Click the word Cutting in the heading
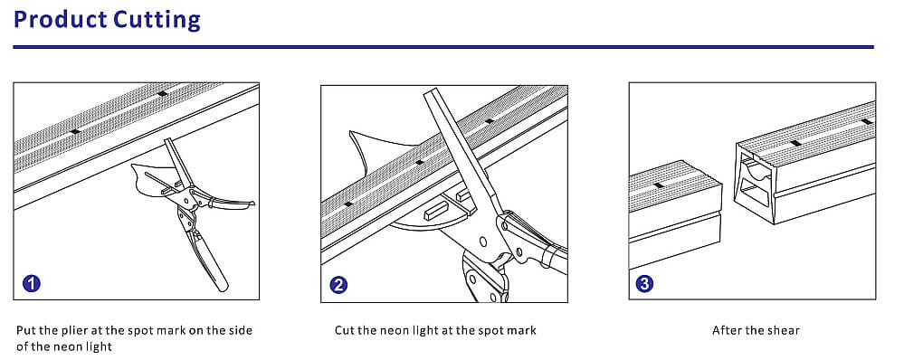(157, 20)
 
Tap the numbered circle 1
(32, 283)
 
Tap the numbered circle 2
(339, 285)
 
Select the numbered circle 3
(644, 283)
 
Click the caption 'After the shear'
(756, 331)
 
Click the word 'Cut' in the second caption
(344, 331)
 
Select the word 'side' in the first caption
(240, 331)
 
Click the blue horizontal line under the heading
(442, 47)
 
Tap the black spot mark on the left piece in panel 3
(658, 185)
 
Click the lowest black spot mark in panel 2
(348, 204)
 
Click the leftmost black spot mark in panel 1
(75, 131)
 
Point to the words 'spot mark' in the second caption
(507, 331)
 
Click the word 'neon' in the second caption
(404, 331)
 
